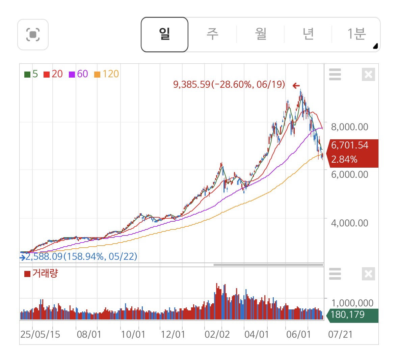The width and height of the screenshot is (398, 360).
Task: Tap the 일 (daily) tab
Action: [164, 34]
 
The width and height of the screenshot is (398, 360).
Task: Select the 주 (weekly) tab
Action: [212, 34]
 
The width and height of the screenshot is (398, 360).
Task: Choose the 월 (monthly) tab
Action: [260, 34]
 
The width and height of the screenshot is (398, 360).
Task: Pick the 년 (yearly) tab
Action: [308, 34]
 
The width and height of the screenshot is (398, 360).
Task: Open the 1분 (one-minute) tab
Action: [356, 34]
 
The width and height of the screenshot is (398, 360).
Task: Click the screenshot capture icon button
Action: [33, 34]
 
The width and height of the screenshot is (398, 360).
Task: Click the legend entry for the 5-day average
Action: [31, 74]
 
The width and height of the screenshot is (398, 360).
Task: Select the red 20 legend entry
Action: [53, 74]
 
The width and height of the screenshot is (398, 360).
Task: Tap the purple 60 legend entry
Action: [78, 74]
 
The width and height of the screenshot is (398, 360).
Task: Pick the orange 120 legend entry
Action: [107, 74]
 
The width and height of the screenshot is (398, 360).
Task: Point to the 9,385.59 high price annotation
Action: [229, 84]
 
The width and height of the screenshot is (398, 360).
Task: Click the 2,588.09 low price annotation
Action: [81, 256]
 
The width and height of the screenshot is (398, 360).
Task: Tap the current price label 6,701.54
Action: [349, 145]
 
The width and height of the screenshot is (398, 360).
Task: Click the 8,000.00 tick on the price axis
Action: [349, 127]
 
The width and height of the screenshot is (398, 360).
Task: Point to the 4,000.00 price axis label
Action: [349, 223]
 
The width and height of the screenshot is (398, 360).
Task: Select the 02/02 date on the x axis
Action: [217, 334]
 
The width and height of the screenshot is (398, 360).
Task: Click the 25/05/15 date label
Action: [40, 334]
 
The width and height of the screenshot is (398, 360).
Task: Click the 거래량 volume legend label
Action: [42, 273]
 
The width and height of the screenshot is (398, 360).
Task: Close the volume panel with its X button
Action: [368, 274]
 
